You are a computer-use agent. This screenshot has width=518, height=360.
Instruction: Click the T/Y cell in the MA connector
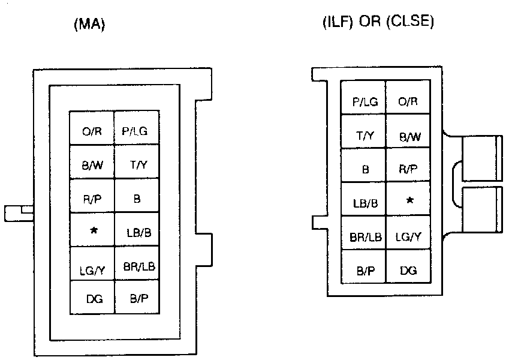(x=138, y=164)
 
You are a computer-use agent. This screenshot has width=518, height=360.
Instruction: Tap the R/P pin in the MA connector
(x=91, y=198)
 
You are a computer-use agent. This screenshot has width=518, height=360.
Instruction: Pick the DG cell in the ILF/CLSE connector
(x=408, y=271)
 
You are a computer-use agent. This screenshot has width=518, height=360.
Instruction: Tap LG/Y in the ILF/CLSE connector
(x=408, y=236)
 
